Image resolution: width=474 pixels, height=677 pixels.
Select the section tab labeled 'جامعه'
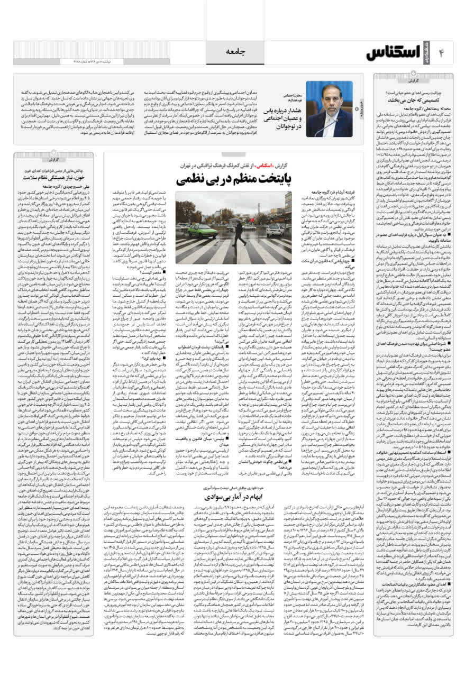(x=237, y=52)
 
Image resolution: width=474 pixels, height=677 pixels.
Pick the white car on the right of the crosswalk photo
(x=275, y=230)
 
